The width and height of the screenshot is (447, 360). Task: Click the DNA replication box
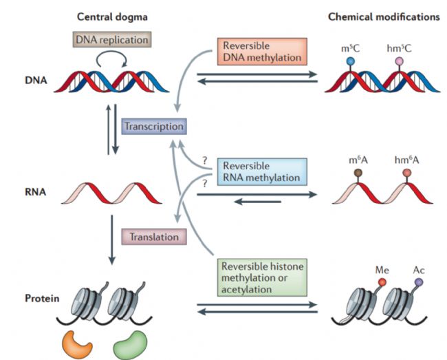112,39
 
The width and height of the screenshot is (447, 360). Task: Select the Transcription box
154,127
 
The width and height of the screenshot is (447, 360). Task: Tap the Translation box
154,237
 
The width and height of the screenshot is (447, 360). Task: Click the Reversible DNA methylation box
262,52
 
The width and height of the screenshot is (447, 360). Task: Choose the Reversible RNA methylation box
262,171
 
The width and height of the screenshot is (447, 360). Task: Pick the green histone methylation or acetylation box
262,277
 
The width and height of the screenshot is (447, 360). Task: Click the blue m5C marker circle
350,61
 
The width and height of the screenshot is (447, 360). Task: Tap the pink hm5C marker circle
399,61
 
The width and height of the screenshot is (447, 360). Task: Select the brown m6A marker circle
358,173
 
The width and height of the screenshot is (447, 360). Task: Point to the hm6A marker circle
407,173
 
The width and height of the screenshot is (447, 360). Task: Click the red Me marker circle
382,282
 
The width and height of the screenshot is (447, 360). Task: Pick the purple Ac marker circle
419,282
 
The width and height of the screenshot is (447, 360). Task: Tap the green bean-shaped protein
131,345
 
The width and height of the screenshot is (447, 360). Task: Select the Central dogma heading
112,17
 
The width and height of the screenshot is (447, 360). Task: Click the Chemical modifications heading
384,17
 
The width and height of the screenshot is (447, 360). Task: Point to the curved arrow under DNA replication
111,52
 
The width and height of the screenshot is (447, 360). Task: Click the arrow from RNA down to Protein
111,240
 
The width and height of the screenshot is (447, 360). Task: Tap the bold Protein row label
42,298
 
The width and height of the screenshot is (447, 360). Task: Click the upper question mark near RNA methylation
205,160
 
